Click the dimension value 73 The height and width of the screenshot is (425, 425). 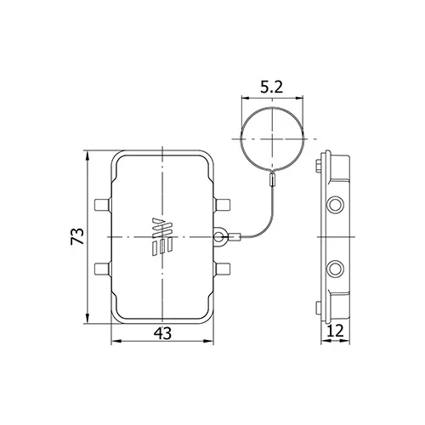(x=77, y=236)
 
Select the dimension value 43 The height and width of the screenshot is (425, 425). (x=162, y=333)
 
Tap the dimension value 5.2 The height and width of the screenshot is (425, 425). (x=272, y=87)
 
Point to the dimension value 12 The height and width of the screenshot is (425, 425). (x=335, y=331)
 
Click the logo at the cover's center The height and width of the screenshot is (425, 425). (x=162, y=237)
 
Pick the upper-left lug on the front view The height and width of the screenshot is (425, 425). (x=102, y=205)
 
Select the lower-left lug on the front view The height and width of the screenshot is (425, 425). (x=102, y=269)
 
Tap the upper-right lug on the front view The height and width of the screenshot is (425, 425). (x=223, y=205)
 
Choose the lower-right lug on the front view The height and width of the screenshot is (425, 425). (x=223, y=269)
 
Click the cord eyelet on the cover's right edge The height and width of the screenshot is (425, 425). (x=219, y=236)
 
